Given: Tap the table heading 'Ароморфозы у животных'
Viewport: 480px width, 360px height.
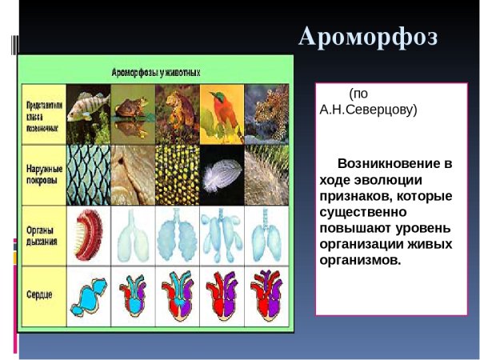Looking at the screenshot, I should click(x=156, y=71).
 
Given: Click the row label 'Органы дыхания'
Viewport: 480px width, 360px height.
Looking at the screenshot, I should click(x=42, y=235).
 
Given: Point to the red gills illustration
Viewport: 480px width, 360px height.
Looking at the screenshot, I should click(x=88, y=235).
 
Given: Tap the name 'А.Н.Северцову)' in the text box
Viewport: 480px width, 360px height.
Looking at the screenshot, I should click(x=369, y=110).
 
